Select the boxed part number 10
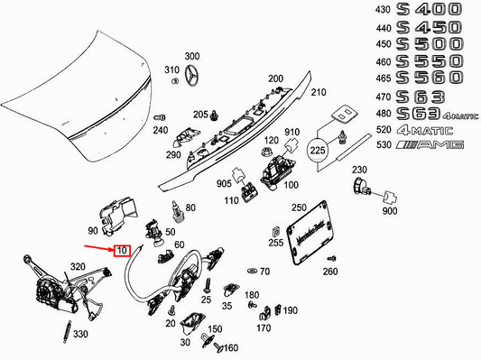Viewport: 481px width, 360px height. pos(122,249)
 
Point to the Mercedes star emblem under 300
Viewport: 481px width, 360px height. pos(192,80)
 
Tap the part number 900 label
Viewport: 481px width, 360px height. pos(389,211)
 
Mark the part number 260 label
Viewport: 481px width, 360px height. pos(330,272)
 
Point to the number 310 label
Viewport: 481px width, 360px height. pos(171,69)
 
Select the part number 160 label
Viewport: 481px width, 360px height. pos(230,348)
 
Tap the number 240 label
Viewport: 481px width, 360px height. pos(161,130)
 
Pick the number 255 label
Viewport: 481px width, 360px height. pos(275,244)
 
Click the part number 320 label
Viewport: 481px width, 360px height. pos(78,267)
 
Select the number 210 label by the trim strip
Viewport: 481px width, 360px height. pos(319,92)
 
